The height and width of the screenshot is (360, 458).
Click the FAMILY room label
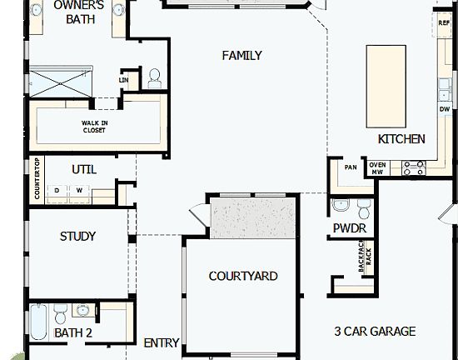click(x=242, y=56)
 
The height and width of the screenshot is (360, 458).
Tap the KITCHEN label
click(x=401, y=139)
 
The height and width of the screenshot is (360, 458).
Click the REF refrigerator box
click(x=444, y=23)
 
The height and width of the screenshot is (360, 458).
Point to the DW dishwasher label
click(x=444, y=109)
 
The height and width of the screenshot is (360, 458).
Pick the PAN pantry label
click(x=351, y=167)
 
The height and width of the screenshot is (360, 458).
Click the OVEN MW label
click(x=378, y=167)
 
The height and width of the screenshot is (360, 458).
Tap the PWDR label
click(x=350, y=227)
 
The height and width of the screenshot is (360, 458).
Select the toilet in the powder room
click(x=341, y=206)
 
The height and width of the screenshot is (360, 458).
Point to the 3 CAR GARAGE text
click(x=375, y=331)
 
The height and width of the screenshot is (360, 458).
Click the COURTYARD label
click(x=243, y=276)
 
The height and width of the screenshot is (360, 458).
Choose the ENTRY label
click(x=162, y=342)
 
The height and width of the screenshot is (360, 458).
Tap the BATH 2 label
click(x=73, y=333)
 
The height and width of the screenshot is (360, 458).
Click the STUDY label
click(x=77, y=237)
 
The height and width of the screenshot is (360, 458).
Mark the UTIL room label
click(x=84, y=169)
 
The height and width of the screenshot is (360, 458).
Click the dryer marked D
click(x=57, y=190)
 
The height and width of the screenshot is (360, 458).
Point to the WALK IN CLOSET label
click(x=93, y=127)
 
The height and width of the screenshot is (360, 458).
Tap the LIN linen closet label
click(x=124, y=80)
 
